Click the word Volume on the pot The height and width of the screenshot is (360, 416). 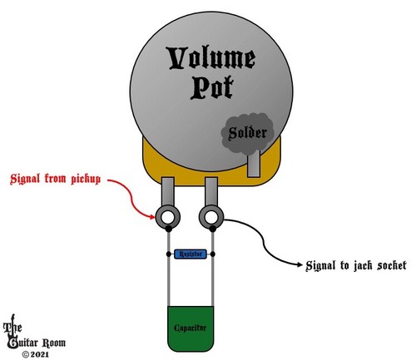(x=210, y=59)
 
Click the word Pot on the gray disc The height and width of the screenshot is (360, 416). (x=212, y=87)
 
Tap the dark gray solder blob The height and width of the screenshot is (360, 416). (x=247, y=133)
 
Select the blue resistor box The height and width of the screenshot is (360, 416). (x=191, y=254)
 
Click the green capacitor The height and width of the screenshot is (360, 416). (x=191, y=328)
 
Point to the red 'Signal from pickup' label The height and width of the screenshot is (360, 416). (x=55, y=179)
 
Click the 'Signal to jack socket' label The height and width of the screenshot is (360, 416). (x=356, y=265)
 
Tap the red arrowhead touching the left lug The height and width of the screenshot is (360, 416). (x=152, y=217)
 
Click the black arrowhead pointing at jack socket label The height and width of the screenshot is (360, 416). (x=300, y=264)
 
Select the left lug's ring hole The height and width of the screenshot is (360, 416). (x=168, y=217)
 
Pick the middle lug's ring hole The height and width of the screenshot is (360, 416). (x=211, y=217)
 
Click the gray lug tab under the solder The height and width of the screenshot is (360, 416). (x=254, y=164)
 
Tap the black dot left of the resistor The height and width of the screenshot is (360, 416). (x=168, y=254)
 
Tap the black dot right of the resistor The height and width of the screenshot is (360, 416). (x=213, y=254)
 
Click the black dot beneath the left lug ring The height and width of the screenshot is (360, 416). (x=168, y=229)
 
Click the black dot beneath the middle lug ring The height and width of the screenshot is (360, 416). (x=213, y=229)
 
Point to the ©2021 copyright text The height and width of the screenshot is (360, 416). (x=36, y=354)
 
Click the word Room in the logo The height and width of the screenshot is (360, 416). (x=54, y=343)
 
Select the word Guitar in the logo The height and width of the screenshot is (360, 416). (x=23, y=343)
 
